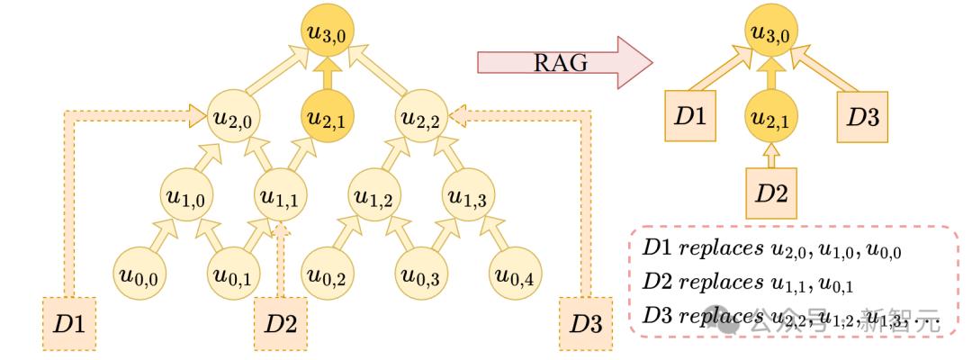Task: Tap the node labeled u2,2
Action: point(421,117)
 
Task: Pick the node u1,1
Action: point(279,193)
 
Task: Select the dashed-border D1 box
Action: point(69,321)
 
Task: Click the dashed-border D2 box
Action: point(280,321)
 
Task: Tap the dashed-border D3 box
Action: point(584,321)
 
